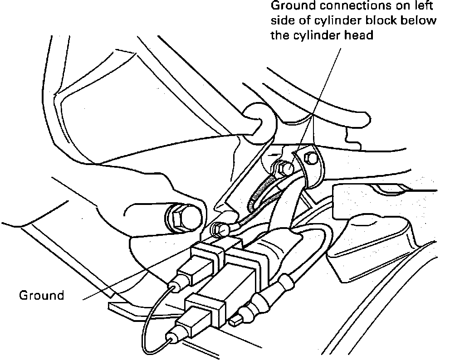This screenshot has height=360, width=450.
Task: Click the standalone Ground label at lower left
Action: point(41,296)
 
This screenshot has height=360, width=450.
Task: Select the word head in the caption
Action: point(358,35)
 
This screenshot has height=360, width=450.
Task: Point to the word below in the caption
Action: point(421,21)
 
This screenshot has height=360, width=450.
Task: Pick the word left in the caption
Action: point(422,7)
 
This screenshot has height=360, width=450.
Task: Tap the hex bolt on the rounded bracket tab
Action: point(312,158)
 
